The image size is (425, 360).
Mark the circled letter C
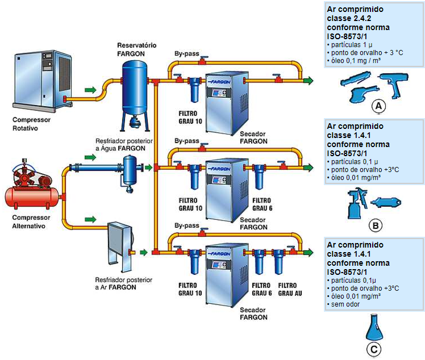point(373,349)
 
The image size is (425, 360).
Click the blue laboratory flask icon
point(372,326)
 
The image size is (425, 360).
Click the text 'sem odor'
point(344,304)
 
